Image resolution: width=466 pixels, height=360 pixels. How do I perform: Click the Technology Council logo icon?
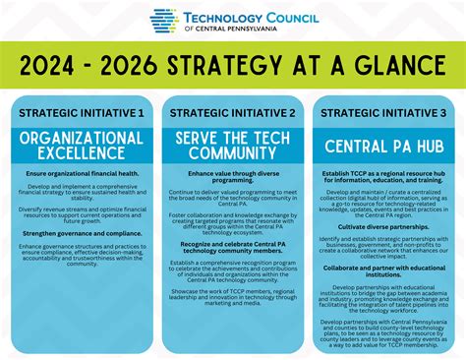point(163,21)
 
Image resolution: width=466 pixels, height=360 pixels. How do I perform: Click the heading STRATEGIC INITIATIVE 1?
point(81,113)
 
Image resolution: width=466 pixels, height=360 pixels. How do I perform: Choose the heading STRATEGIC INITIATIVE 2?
point(232,113)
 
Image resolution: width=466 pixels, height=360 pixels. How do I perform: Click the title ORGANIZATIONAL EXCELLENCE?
point(81,145)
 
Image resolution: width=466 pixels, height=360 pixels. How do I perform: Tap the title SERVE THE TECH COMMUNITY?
point(232,145)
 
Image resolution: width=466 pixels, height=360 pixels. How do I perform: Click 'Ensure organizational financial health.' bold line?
point(81,173)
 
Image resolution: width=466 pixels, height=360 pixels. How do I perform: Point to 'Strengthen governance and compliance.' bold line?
point(81,232)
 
